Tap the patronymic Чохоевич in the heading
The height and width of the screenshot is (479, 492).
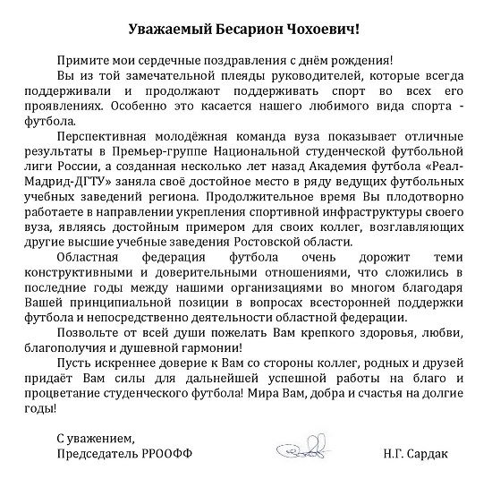(327, 30)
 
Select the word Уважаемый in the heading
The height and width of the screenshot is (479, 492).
(170, 30)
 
